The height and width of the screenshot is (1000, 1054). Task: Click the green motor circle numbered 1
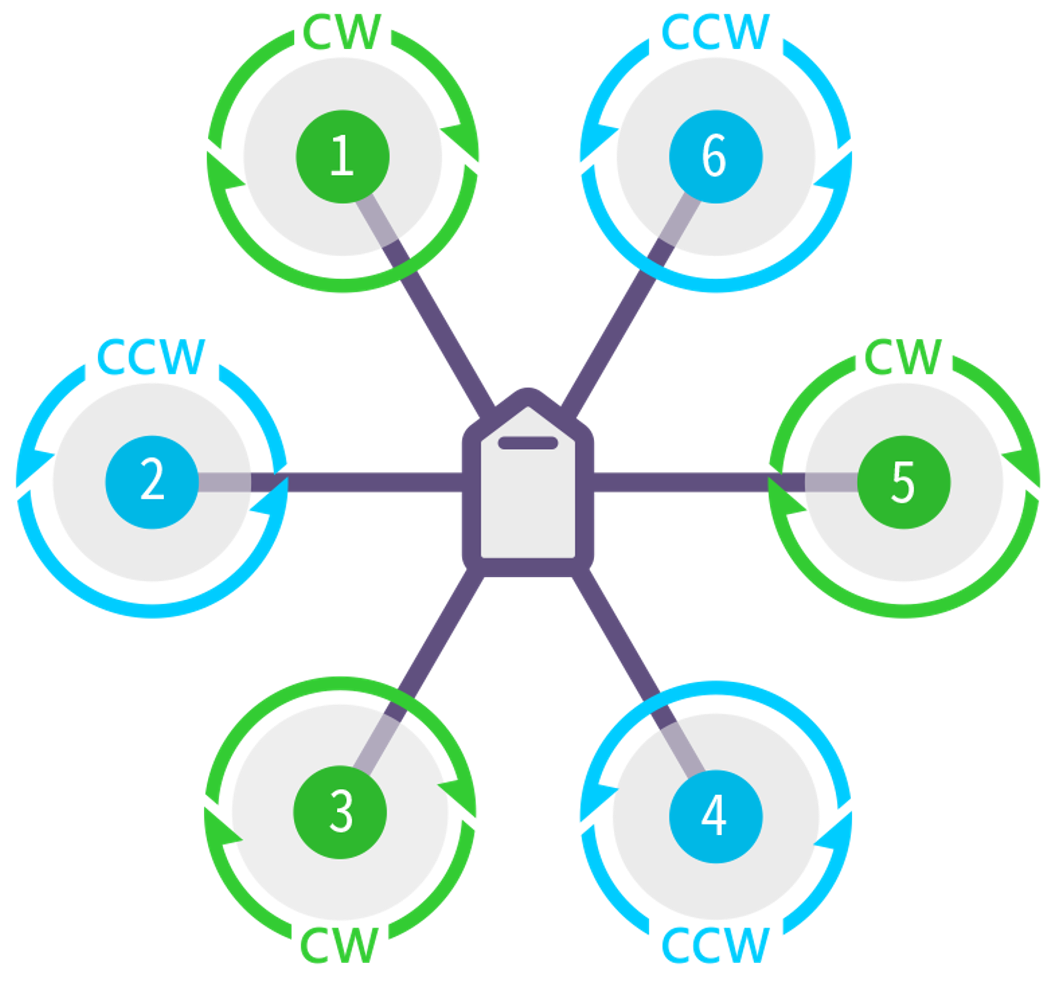(x=342, y=156)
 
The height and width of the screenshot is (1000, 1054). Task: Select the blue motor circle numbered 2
(x=152, y=482)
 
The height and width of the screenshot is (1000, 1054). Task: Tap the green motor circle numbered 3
(x=340, y=812)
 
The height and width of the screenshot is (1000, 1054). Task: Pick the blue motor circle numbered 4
(x=716, y=816)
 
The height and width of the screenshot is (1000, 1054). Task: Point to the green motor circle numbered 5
(x=904, y=482)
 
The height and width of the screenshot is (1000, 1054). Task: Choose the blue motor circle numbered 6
(x=716, y=156)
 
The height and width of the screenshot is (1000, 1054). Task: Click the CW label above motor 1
(x=342, y=32)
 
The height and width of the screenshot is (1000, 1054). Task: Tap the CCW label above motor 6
(x=716, y=32)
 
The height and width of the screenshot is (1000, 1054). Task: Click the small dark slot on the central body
(x=528, y=443)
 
